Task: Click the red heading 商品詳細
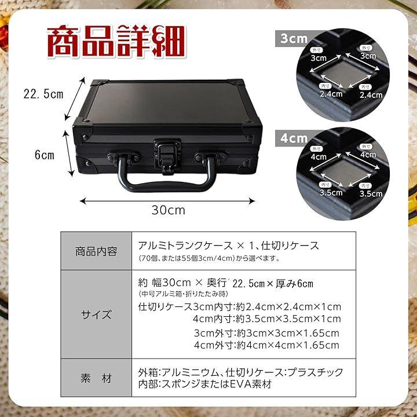(116, 41)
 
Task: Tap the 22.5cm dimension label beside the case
(43, 94)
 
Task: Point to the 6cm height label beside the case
(45, 155)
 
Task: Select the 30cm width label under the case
(169, 210)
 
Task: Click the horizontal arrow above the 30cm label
(167, 201)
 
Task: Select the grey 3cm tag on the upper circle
(294, 39)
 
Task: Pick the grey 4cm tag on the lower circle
(294, 138)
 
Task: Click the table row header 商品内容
(96, 251)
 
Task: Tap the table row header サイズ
(96, 315)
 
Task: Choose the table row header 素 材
(96, 378)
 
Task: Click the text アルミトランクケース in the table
(185, 246)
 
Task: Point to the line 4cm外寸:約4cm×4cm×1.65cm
(267, 345)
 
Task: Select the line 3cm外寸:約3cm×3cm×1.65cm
(267, 333)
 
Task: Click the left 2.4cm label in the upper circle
(331, 94)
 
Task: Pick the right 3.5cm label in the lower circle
(371, 193)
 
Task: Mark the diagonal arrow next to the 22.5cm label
(75, 98)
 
